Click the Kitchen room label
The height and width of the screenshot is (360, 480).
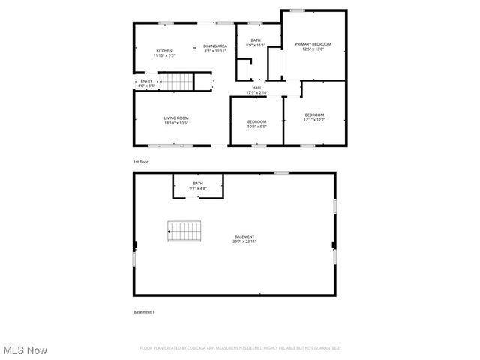click(163, 51)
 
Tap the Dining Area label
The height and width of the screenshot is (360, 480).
click(215, 46)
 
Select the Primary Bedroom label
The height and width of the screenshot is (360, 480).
click(313, 45)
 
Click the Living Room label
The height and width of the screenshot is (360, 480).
click(176, 118)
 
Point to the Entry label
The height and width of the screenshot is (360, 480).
click(146, 81)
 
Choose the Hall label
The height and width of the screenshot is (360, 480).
click(257, 88)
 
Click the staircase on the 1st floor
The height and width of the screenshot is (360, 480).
click(179, 80)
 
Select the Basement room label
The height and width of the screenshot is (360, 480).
click(244, 237)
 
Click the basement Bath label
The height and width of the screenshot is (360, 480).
click(198, 183)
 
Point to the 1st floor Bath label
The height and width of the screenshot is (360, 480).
click(256, 40)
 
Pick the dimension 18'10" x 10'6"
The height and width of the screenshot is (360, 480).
click(176, 123)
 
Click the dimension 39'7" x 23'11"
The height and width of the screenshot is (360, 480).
click(244, 242)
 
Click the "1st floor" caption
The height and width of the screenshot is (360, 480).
click(140, 162)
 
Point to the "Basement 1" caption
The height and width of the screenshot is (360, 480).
click(143, 311)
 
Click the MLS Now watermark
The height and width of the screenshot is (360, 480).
click(25, 350)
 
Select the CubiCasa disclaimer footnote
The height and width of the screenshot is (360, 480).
click(240, 348)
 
